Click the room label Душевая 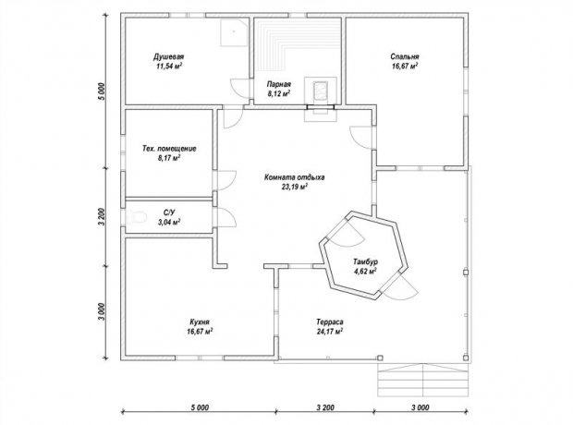[x=168, y=57]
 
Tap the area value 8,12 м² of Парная [x=279, y=93]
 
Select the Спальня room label [x=405, y=56]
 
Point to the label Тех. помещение [x=169, y=149]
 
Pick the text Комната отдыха [x=294, y=177]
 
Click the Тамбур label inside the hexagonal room [x=365, y=261]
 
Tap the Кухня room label [x=200, y=322]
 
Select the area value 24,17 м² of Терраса [x=330, y=332]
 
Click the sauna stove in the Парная [x=321, y=91]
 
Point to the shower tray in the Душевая [x=234, y=32]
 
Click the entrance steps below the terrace [x=422, y=380]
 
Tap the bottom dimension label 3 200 [x=325, y=407]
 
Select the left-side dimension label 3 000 [x=102, y=311]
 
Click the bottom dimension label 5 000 [x=200, y=407]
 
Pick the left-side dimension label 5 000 [x=102, y=91]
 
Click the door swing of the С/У [x=227, y=218]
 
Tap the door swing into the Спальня [x=360, y=138]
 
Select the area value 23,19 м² [x=294, y=188]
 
